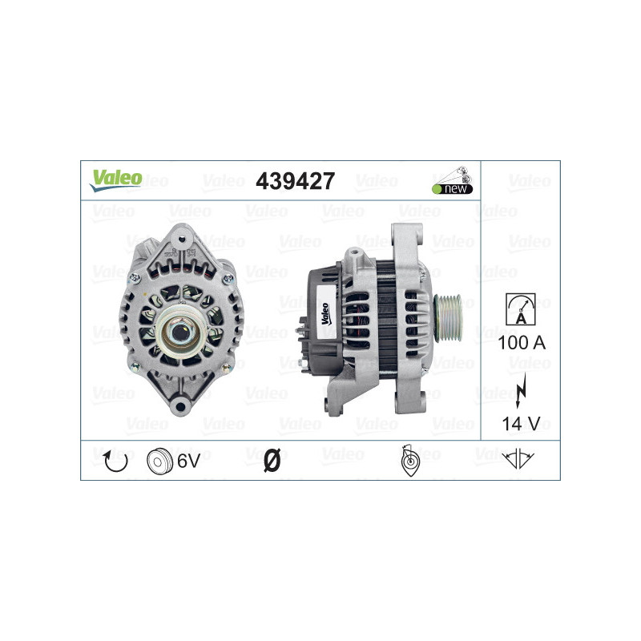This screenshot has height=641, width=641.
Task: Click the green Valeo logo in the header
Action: click(x=115, y=180)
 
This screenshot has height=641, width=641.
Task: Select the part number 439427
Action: click(x=294, y=182)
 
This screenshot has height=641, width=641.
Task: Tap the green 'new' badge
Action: click(x=453, y=189)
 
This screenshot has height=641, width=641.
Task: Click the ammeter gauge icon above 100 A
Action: click(x=520, y=309)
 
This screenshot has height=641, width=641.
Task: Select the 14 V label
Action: click(x=520, y=423)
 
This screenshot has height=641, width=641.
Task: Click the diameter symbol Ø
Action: click(x=272, y=461)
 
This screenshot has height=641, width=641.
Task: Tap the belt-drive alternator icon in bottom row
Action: click(x=408, y=461)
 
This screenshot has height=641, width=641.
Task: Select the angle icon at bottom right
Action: click(x=520, y=460)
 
